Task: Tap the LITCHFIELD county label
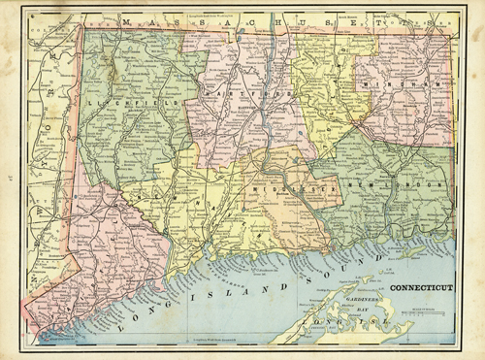[114, 100]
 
